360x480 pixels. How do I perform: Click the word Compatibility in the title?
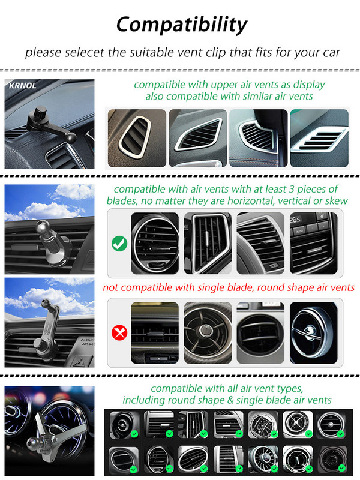coord(182,25)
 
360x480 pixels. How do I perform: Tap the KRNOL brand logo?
coord(23,85)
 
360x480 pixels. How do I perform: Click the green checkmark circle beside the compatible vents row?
coord(119,244)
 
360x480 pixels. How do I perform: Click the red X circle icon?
coord(119,332)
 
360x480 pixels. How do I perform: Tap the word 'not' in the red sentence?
coord(110,288)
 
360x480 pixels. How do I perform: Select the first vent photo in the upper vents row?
coord(137,138)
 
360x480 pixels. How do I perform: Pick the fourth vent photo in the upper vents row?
coord(319,138)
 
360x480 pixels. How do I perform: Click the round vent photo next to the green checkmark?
coord(155,244)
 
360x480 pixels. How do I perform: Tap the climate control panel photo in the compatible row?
coord(313,244)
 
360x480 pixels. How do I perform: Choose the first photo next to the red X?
coord(155,333)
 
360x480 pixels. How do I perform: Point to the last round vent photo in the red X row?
coord(313,333)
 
